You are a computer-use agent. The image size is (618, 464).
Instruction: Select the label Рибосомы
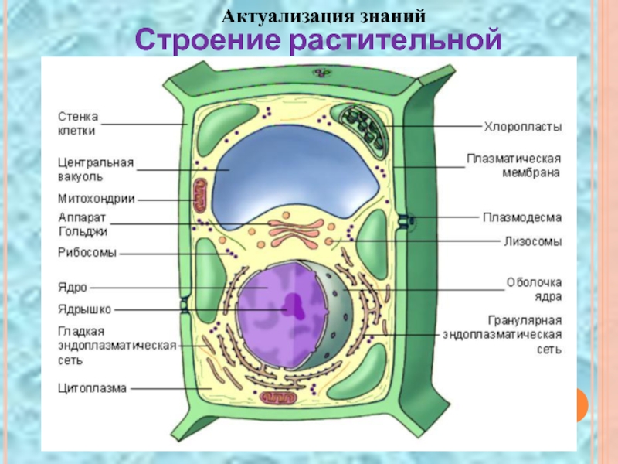pos(87,252)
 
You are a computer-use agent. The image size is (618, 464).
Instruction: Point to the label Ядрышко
pos(84,309)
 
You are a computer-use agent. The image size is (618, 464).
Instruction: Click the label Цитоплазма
pos(92,388)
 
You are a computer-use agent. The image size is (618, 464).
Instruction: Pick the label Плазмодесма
pos(523,217)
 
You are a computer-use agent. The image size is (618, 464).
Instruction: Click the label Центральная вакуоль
pos(96,170)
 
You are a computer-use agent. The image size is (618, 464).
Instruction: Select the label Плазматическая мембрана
pos(513,165)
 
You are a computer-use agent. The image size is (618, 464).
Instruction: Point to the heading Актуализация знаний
pos(324,15)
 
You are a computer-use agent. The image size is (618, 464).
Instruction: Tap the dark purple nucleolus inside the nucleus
pos(294,305)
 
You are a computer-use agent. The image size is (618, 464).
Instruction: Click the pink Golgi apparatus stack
pos(294,230)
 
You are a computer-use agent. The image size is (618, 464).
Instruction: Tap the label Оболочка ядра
pos(534,289)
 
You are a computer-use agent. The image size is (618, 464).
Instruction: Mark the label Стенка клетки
pos(79,124)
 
